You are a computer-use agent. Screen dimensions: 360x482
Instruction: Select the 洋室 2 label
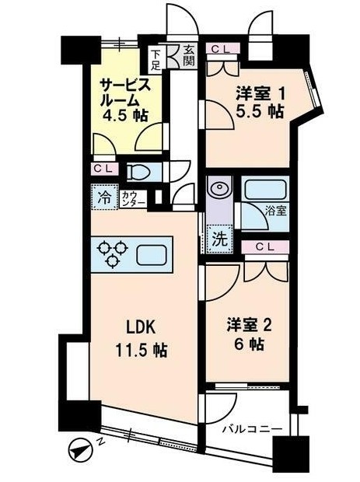[x=249, y=326]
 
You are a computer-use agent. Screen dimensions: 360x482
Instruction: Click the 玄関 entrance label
[x=189, y=56]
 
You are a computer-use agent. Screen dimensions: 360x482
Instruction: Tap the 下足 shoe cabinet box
[x=156, y=60]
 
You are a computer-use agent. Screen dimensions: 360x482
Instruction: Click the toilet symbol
[x=138, y=172]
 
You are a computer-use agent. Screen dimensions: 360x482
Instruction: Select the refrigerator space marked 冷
[x=104, y=197]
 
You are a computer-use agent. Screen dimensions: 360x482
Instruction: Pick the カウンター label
[x=133, y=198]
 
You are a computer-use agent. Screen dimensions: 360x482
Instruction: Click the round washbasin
[x=219, y=187]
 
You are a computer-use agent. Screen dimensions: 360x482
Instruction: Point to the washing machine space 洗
[x=220, y=239]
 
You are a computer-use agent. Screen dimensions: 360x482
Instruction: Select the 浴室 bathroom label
[x=276, y=211]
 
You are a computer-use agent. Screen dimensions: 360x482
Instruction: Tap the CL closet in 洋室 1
[x=222, y=49]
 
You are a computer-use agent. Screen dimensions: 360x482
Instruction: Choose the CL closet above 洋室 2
[x=265, y=247]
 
